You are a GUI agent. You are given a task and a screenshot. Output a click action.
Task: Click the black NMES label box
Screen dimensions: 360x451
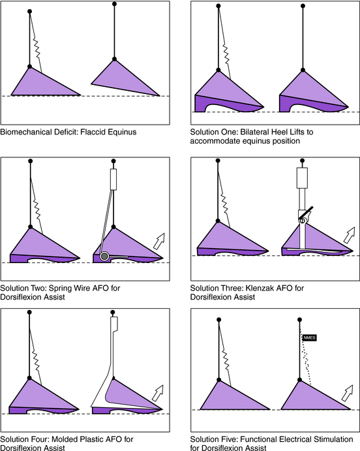[309, 337]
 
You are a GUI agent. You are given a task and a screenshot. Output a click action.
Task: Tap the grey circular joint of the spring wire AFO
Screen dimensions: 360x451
[104, 256]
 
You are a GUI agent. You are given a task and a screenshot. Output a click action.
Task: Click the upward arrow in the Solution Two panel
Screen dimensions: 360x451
[159, 241]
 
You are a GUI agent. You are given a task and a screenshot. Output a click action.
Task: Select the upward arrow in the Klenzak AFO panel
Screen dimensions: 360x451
[350, 235]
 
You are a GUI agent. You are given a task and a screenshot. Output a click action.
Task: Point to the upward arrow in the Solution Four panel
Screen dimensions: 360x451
[158, 393]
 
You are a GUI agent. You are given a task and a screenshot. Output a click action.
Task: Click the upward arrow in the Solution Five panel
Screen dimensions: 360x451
[348, 393]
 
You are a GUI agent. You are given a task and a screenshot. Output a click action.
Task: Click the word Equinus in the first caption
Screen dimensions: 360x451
[122, 132]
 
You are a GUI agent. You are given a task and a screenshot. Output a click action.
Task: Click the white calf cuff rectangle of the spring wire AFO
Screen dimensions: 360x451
[113, 179]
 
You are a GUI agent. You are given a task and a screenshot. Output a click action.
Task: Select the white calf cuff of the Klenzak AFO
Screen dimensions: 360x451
[302, 178]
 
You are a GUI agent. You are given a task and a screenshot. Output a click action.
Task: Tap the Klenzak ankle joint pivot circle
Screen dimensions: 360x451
[302, 221]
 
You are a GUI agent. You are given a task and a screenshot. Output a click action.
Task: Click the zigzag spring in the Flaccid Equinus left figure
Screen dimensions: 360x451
[37, 48]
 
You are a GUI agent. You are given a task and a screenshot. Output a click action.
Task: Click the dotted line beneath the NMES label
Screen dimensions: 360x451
[306, 356]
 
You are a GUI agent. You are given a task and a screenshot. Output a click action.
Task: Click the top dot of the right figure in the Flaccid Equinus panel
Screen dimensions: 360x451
[114, 4]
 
